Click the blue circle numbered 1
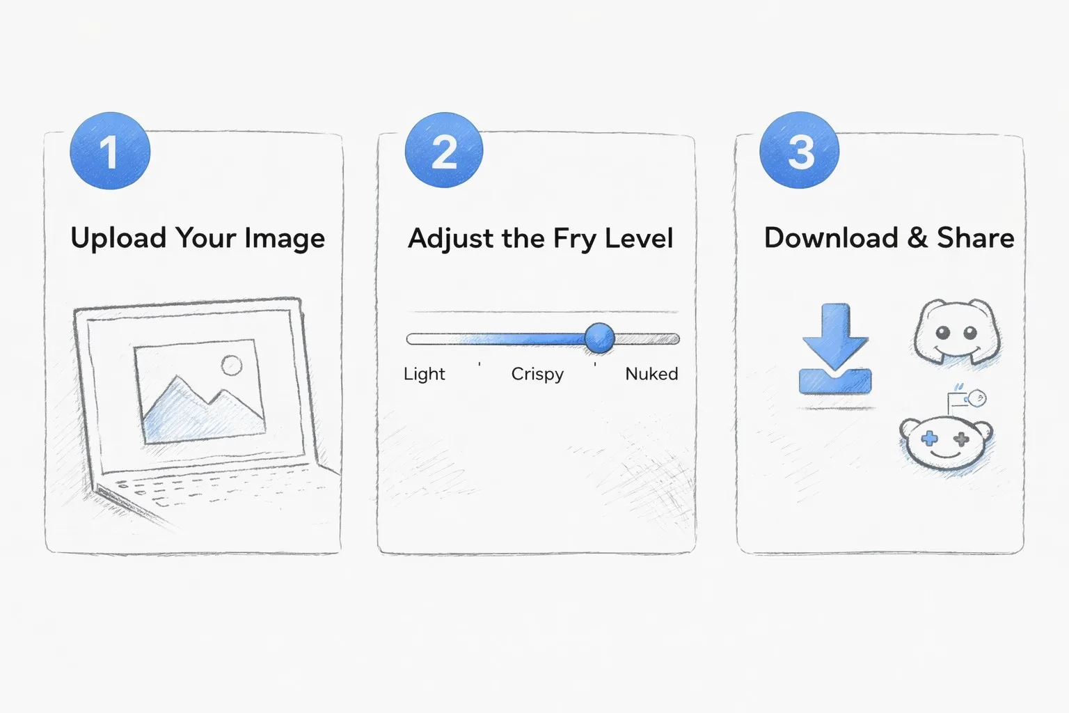(110, 151)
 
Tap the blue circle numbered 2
(444, 151)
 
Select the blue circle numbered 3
(800, 151)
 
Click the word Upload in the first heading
(118, 239)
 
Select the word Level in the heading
(639, 238)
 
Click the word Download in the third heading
(831, 238)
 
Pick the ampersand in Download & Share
(917, 238)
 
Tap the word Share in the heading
(975, 238)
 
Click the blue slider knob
(599, 338)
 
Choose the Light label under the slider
(424, 374)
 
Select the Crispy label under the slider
(537, 374)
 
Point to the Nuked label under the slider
(651, 374)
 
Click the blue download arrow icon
(834, 348)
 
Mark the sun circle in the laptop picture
(231, 365)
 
